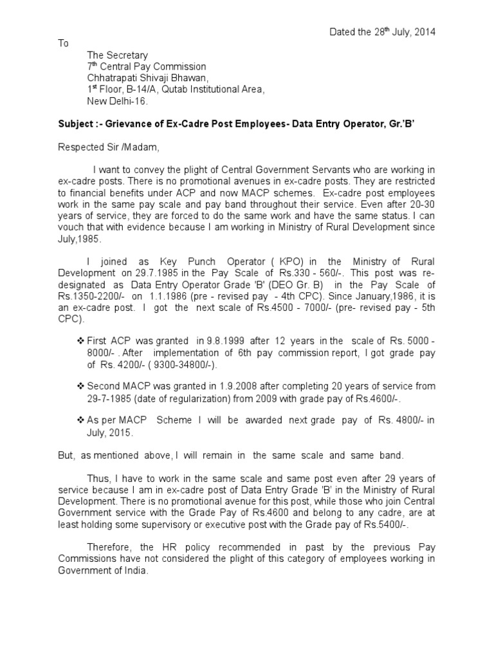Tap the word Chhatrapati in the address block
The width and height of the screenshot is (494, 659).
(x=112, y=79)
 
